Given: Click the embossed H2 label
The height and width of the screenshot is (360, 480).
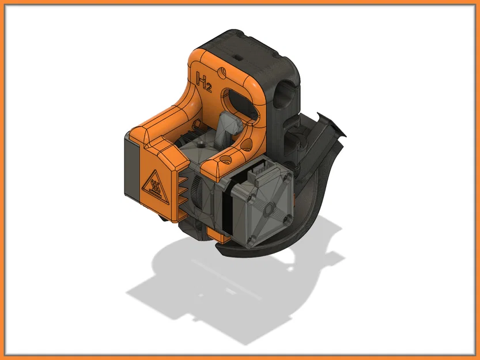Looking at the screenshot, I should tap(203, 81).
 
